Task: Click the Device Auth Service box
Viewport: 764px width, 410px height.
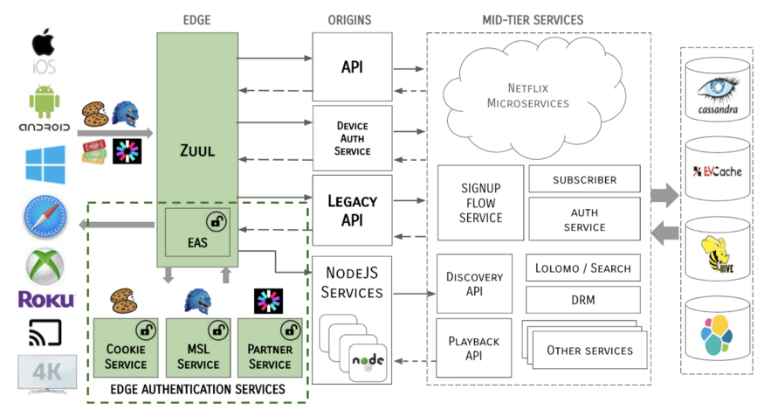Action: [352, 138]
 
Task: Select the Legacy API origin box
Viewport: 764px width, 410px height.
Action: [352, 210]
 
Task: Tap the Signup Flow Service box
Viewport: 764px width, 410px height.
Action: [479, 203]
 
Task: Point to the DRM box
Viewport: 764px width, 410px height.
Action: [584, 300]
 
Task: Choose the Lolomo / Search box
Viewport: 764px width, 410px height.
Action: [584, 268]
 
